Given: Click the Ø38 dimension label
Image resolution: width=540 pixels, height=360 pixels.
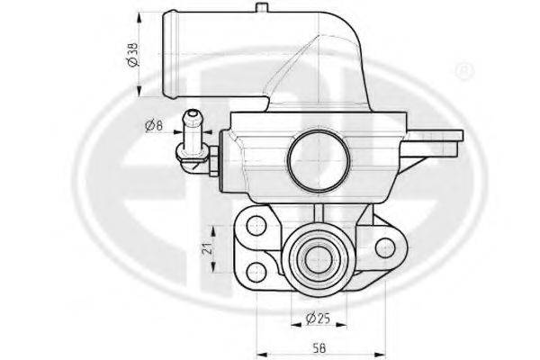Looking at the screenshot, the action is pos(133,54).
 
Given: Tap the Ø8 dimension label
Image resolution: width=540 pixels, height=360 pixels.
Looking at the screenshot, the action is pos(154,125).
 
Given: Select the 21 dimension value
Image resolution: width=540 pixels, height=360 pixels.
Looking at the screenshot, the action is pos(207,248).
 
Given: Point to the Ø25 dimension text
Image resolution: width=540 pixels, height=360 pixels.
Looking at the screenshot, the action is pos(318,319).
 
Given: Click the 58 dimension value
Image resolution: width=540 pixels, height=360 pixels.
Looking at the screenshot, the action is pos(319,348).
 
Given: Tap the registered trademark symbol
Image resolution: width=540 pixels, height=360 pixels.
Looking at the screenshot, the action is pos(464,70).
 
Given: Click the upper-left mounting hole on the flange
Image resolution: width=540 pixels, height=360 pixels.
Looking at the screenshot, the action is pos(256,226).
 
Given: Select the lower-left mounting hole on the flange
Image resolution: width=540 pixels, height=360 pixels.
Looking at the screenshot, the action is pos(256,271).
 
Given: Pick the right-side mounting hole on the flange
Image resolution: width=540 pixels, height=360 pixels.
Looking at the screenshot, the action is pos(385,248).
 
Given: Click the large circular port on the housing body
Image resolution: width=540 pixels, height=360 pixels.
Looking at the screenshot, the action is pos(319,160).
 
